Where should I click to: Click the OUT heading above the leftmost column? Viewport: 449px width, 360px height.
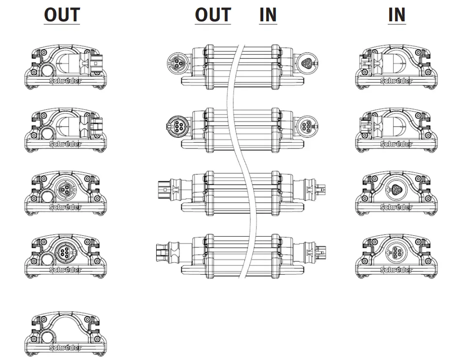62,15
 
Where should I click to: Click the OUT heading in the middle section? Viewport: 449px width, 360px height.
212,15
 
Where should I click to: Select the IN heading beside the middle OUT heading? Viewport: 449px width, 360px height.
268,15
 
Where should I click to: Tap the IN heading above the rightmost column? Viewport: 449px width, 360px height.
397,15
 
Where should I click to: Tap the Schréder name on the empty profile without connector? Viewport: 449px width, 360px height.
65,348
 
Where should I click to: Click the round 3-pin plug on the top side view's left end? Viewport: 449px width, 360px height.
176,63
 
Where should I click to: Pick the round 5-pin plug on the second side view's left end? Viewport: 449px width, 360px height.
176,126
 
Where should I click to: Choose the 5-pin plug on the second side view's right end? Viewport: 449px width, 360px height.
307,126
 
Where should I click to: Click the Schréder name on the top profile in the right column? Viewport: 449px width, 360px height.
397,81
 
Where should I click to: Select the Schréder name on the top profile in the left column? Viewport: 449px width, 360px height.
65,81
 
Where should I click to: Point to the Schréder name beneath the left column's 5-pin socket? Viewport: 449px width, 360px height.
65,270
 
